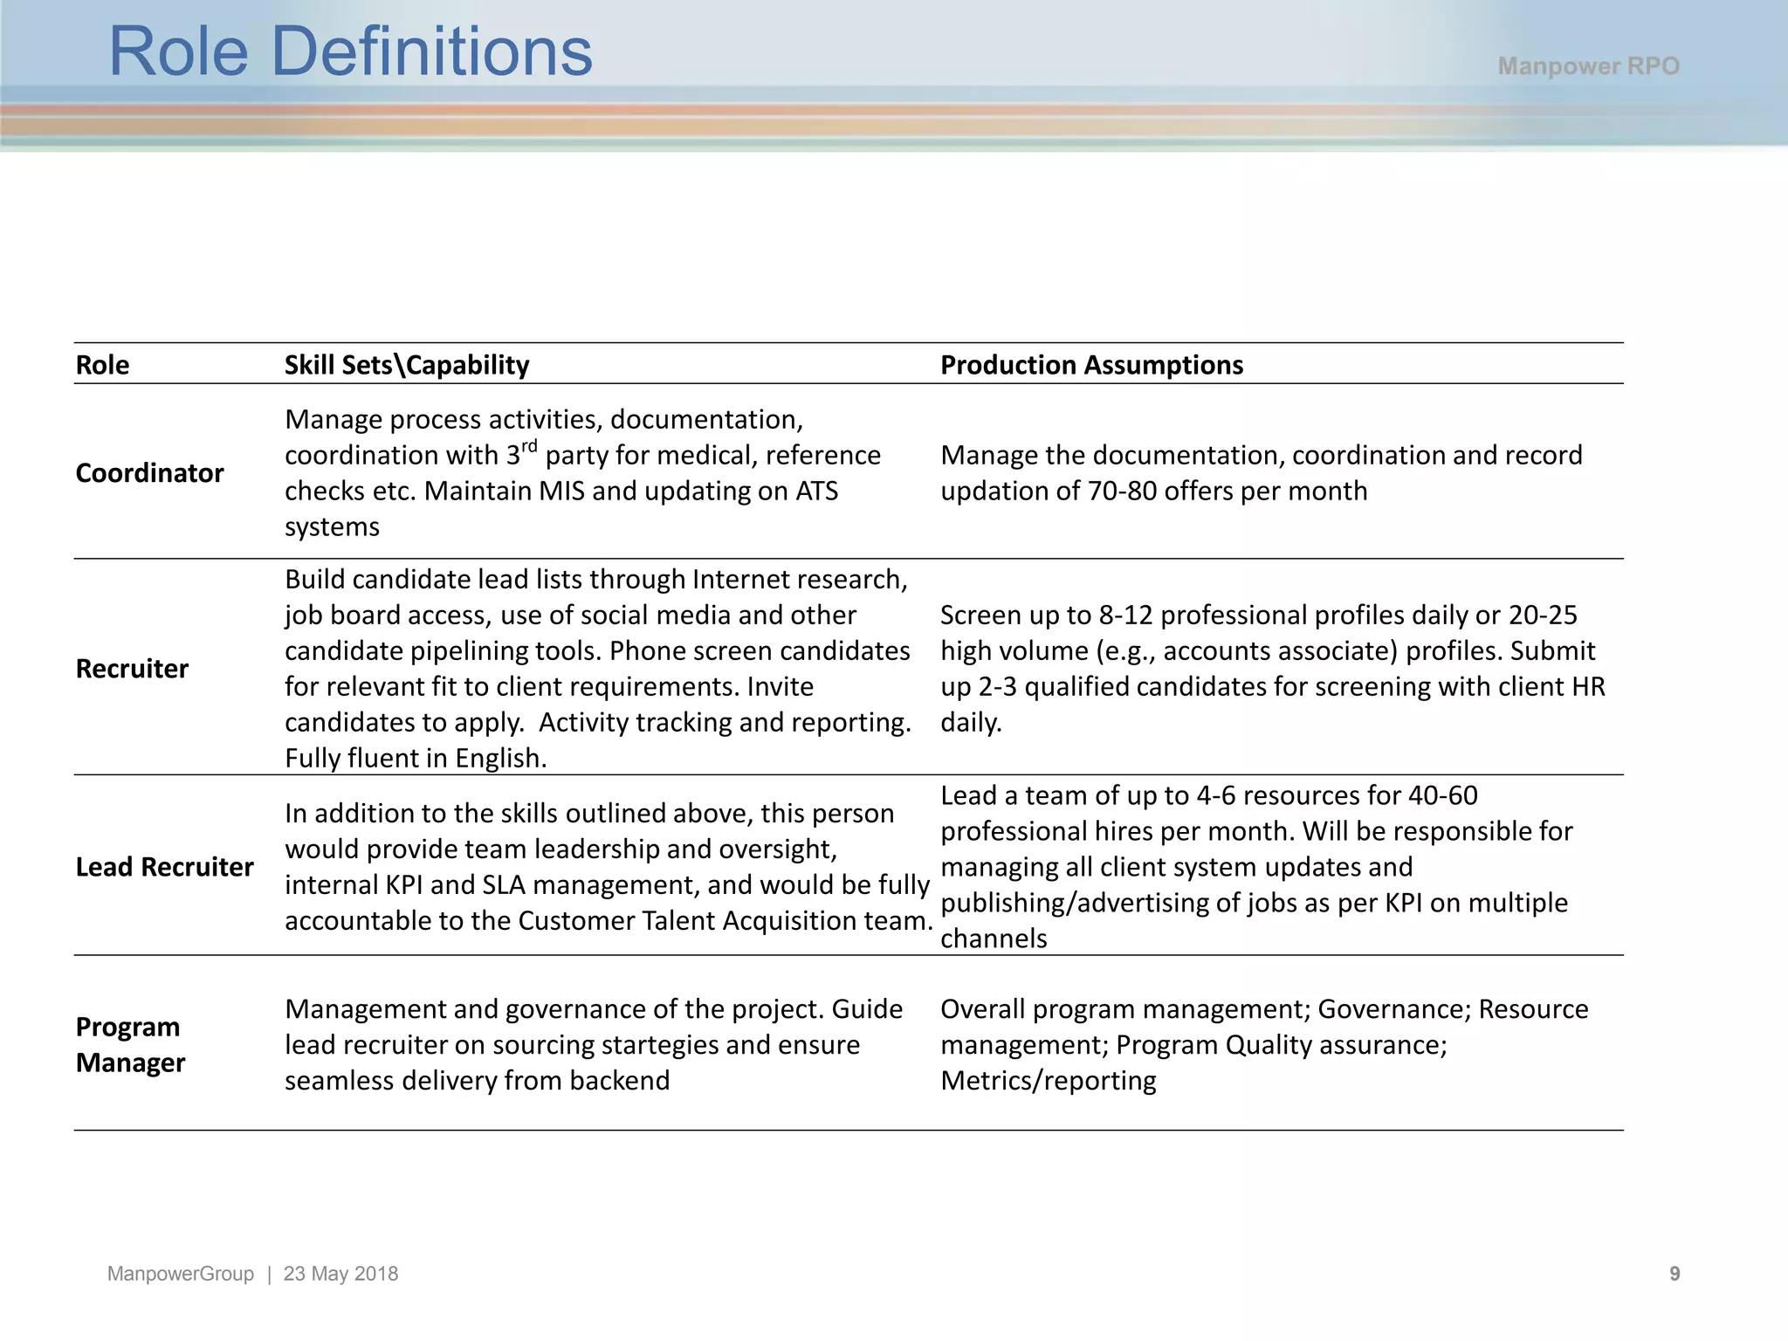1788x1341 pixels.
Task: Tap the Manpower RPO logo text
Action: tap(1588, 66)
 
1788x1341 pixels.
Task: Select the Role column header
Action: tap(102, 365)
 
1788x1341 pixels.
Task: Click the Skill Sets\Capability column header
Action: tap(407, 365)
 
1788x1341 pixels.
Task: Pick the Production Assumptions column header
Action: tap(1091, 365)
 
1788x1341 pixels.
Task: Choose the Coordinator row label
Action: tap(149, 473)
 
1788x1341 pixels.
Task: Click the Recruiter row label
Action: tap(132, 669)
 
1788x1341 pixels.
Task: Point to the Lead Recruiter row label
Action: tap(164, 867)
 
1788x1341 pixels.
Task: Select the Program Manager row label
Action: tap(130, 1045)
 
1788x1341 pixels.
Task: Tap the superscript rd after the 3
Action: tap(529, 446)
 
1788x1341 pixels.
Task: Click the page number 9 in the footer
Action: tap(1675, 1274)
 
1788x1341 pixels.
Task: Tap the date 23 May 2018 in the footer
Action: tap(340, 1274)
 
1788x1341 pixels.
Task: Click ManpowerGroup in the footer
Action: tap(181, 1274)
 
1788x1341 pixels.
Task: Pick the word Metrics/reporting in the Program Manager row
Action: tap(1048, 1081)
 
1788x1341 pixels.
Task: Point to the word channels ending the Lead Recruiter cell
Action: tap(994, 939)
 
